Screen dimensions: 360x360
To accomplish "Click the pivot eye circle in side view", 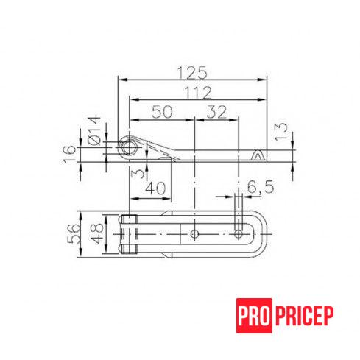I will [x=129, y=147].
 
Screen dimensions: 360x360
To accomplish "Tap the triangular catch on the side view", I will [x=257, y=155].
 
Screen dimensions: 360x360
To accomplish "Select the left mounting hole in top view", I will [x=194, y=233].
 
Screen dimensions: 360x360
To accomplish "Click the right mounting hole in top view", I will [x=238, y=233].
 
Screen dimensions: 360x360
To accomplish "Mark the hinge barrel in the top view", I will [x=130, y=233].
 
